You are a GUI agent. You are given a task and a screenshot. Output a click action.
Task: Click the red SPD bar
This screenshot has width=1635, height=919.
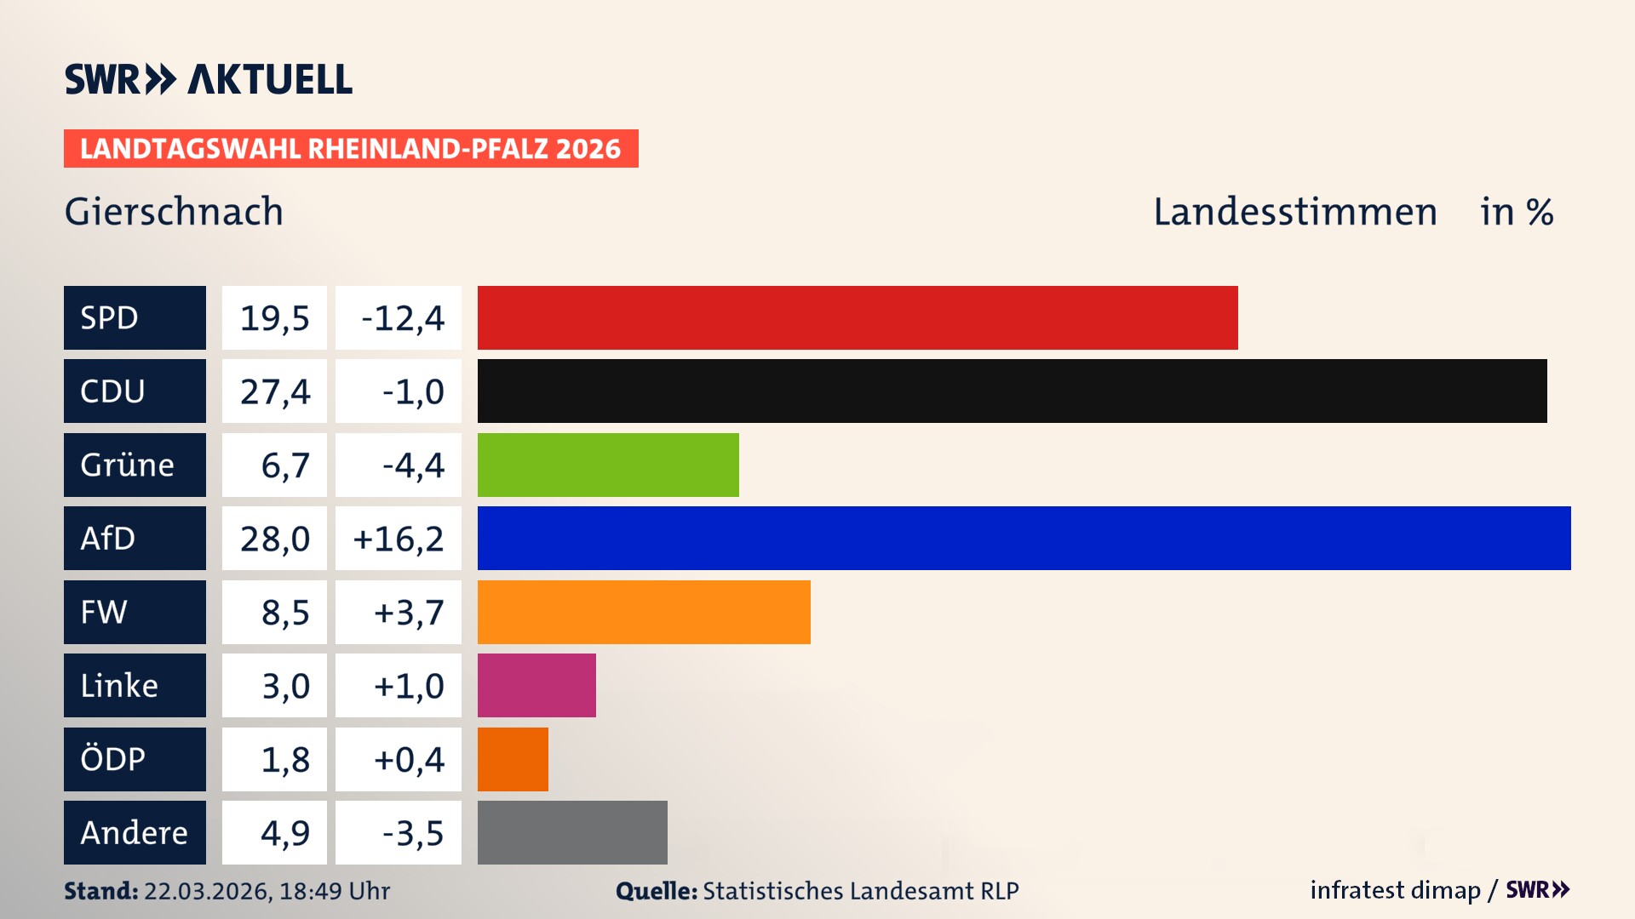[x=858, y=317]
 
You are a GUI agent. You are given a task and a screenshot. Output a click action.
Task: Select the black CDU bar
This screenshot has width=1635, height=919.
[x=1012, y=391]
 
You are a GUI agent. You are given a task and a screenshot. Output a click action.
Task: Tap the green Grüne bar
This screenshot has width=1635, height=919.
[x=608, y=465]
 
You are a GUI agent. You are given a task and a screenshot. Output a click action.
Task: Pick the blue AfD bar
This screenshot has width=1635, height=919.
[x=1024, y=538]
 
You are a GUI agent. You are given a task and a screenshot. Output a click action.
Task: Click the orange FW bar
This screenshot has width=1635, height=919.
[x=644, y=612]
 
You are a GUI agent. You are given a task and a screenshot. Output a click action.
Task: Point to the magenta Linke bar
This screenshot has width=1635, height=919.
[x=536, y=685]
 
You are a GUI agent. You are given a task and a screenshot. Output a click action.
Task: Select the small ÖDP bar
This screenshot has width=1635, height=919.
[x=513, y=759]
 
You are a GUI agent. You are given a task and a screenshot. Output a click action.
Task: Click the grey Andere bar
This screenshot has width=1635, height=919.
[x=572, y=832]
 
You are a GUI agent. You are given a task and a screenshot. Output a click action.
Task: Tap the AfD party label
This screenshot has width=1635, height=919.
[x=135, y=538]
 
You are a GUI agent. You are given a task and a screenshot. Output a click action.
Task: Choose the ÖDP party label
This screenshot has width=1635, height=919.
[x=135, y=759]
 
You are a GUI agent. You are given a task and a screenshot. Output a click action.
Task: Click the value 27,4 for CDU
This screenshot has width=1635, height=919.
[x=274, y=391]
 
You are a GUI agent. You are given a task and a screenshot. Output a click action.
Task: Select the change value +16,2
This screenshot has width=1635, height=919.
[x=399, y=538]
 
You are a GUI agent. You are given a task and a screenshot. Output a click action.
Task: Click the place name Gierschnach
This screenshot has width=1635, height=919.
[x=174, y=212]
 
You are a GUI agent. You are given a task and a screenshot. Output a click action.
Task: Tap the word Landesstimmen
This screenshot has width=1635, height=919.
[x=1294, y=212]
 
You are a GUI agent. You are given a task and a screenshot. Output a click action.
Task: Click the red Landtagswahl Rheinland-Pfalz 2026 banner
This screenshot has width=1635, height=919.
[x=351, y=148]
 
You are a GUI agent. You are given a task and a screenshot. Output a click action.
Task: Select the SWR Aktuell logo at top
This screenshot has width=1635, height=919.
[x=208, y=79]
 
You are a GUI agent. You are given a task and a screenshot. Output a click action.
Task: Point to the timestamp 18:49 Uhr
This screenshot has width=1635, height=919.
[x=334, y=891]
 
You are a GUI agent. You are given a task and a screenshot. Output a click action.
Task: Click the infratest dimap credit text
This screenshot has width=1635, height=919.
[x=1395, y=890]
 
